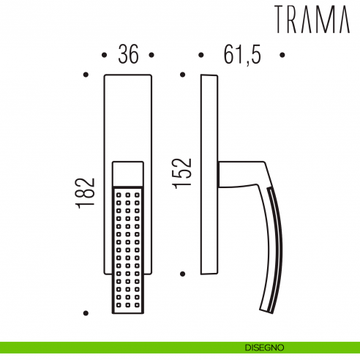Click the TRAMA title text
(313, 20)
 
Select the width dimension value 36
(128, 56)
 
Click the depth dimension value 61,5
(241, 56)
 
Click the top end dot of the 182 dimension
(86, 74)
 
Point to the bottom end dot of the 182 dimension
(86, 313)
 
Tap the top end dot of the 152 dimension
(182, 74)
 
